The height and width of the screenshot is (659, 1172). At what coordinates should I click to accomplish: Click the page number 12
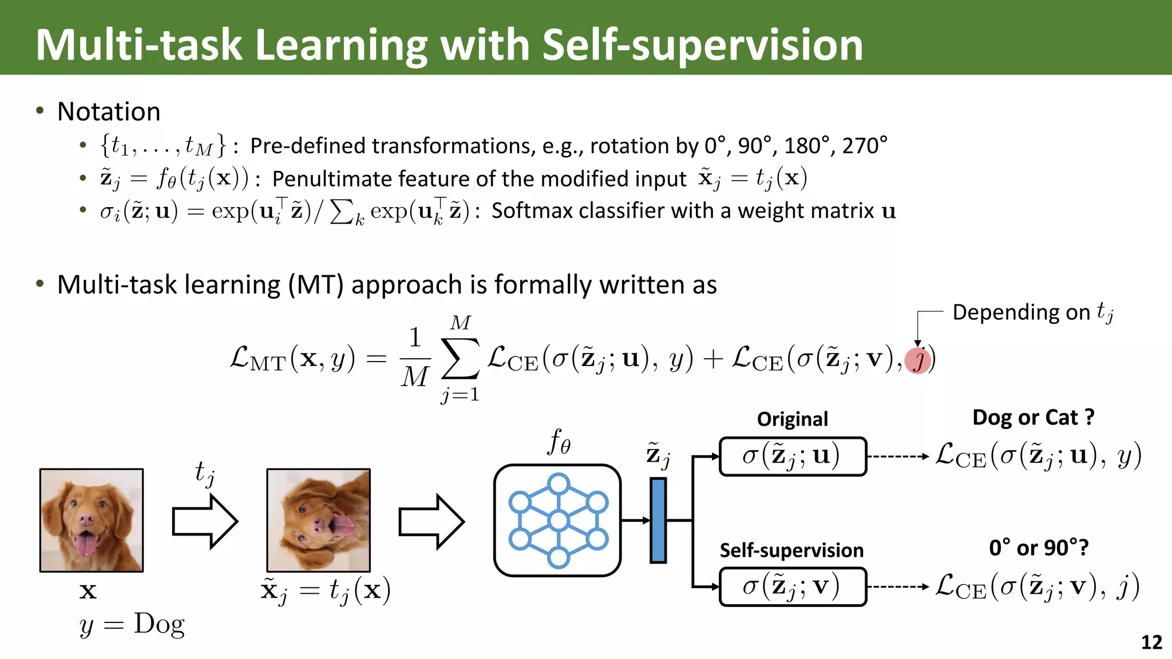click(1151, 642)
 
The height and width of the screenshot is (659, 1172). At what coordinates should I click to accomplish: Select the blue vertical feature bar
click(658, 521)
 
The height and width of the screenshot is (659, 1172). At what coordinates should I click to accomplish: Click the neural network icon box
click(557, 521)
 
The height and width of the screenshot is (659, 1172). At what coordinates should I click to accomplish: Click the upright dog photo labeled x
click(92, 520)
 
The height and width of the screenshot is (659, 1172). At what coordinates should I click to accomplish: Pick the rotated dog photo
click(319, 520)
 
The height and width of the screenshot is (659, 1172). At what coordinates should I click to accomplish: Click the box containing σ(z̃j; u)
click(793, 456)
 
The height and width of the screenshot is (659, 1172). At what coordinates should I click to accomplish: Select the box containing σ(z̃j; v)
click(793, 586)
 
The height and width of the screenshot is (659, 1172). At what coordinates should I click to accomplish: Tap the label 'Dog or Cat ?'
click(1033, 418)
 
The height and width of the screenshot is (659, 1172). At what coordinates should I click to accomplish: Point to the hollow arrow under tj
click(205, 521)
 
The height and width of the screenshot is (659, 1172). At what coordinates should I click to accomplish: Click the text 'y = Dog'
click(132, 625)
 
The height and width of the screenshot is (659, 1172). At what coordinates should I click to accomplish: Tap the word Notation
click(109, 112)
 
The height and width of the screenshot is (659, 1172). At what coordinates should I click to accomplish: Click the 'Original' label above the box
click(792, 419)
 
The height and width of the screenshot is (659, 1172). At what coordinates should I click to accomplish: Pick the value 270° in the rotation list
click(864, 146)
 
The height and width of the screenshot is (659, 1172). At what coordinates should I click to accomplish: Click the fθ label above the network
click(559, 442)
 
